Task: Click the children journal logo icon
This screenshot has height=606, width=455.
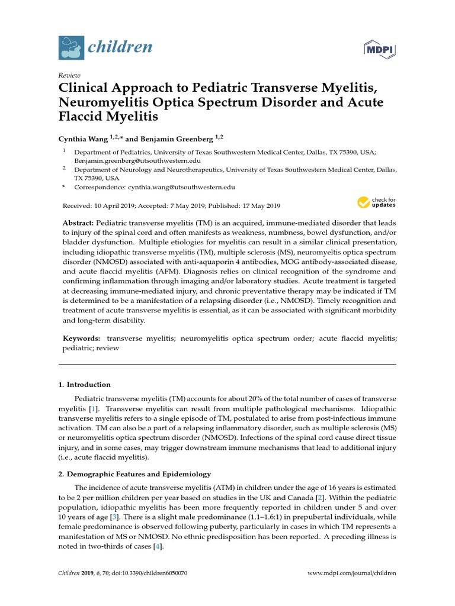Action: tap(71, 47)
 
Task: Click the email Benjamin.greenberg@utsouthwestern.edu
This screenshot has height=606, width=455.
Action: tap(137, 160)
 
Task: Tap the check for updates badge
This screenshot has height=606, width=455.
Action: tap(376, 202)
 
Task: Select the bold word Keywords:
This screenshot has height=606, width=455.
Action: tap(82, 338)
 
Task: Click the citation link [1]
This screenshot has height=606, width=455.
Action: tap(92, 410)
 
